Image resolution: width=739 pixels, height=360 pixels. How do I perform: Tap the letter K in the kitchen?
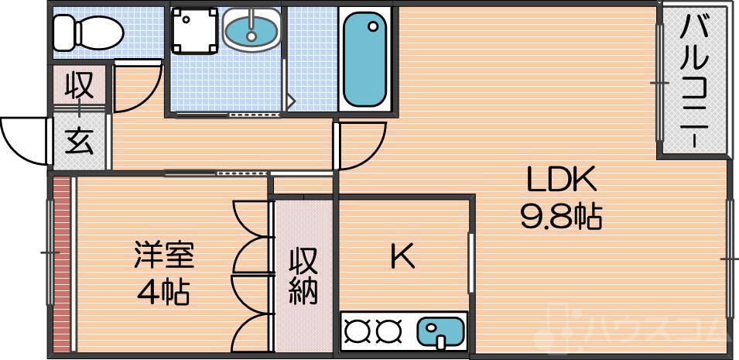402,257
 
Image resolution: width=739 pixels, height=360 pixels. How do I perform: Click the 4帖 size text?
164,292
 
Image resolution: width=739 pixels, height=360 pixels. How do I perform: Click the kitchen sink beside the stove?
439,331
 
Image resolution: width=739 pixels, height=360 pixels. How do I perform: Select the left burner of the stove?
357,331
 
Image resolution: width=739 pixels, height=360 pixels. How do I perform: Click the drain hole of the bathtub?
374,28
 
